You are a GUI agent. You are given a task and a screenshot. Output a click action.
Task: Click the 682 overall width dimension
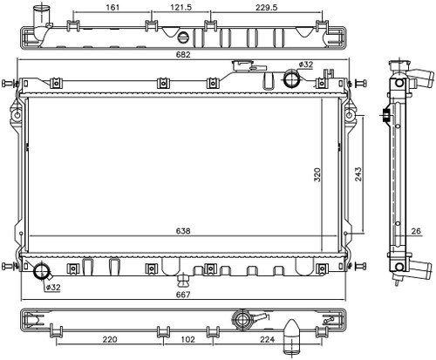(183, 55)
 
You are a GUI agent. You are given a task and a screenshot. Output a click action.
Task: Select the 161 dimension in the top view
(112, 7)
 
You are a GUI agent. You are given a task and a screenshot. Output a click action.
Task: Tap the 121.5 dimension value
(181, 7)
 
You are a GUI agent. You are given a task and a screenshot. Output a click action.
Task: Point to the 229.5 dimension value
(267, 7)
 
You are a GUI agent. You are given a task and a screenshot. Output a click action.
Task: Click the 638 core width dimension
(183, 231)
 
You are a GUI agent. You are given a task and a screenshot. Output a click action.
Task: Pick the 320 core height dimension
(317, 175)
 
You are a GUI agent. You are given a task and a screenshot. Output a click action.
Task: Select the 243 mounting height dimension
(358, 174)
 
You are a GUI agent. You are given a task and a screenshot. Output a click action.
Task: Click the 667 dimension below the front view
(183, 295)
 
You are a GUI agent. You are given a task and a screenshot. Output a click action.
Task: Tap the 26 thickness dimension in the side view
(416, 231)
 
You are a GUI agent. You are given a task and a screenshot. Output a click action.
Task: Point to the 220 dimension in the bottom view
(110, 339)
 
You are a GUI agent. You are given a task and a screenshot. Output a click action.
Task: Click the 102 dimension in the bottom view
(187, 339)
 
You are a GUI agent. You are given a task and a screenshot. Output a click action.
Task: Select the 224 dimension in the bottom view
(268, 339)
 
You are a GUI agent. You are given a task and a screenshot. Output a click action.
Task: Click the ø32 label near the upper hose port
(306, 65)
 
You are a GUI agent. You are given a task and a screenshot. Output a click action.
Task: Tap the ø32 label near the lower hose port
(53, 288)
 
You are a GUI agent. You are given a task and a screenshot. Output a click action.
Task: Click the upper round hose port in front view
(291, 78)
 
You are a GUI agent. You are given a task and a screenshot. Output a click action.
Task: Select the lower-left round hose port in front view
(42, 271)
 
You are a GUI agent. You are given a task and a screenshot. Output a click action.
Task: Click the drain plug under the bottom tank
(183, 280)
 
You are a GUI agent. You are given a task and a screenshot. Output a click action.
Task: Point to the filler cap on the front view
(242, 65)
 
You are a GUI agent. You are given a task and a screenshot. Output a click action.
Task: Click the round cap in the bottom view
(241, 320)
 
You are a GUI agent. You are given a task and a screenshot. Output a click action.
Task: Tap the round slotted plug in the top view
(183, 37)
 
